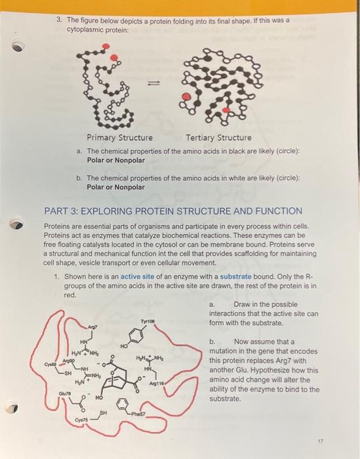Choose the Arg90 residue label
coord(66,361)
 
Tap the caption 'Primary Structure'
coord(120,138)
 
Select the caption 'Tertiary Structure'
coord(218,138)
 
